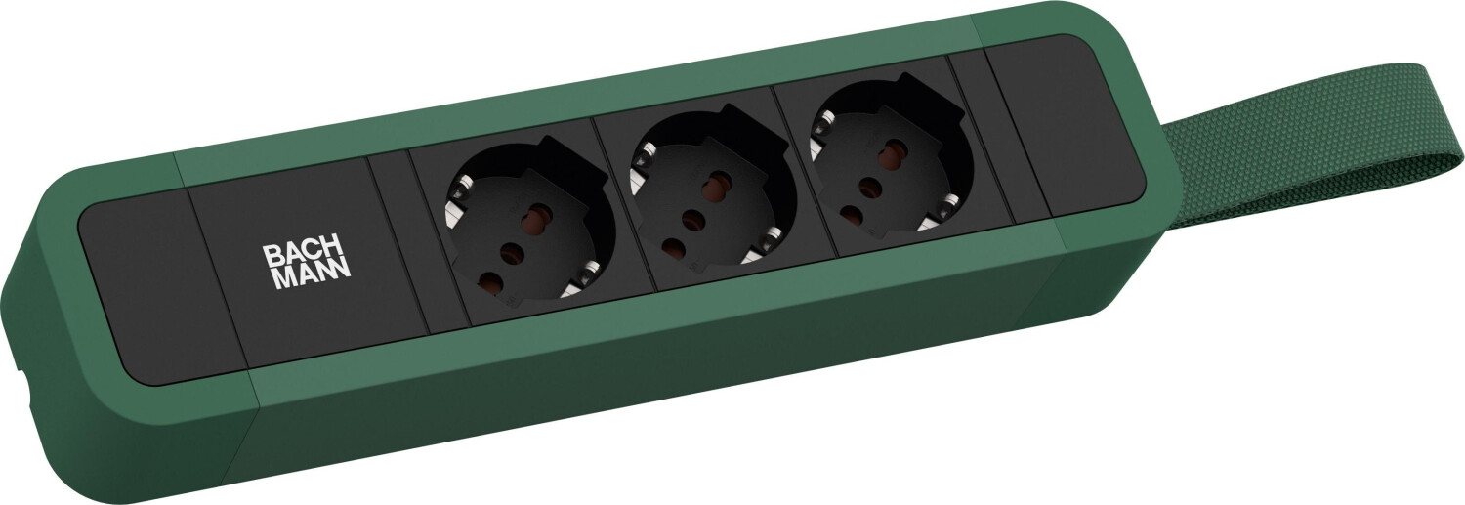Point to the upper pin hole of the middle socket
[721, 182]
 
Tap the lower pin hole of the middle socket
[673, 247]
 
